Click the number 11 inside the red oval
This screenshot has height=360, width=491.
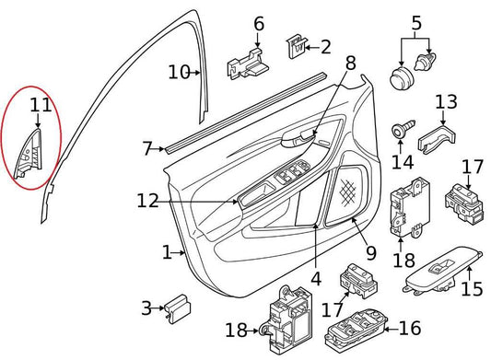pyautogui.click(x=39, y=106)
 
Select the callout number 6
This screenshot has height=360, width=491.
pyautogui.click(x=258, y=23)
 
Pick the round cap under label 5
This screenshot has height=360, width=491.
pyautogui.click(x=400, y=75)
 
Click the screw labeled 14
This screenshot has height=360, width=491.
pyautogui.click(x=402, y=130)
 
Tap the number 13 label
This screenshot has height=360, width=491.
pyautogui.click(x=446, y=101)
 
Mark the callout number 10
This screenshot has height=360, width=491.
pyautogui.click(x=179, y=71)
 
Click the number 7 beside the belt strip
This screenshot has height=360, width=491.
pyautogui.click(x=147, y=147)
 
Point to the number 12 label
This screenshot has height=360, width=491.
pyautogui.click(x=147, y=201)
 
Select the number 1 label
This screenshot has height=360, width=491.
pyautogui.click(x=168, y=251)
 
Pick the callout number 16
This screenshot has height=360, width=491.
pyautogui.click(x=408, y=327)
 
